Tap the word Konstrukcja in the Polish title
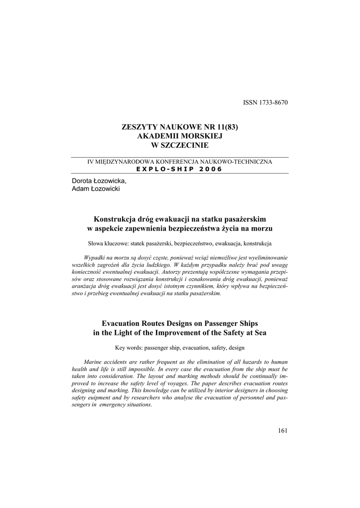(115, 219)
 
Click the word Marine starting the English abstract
(95, 363)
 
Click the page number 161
(283, 430)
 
